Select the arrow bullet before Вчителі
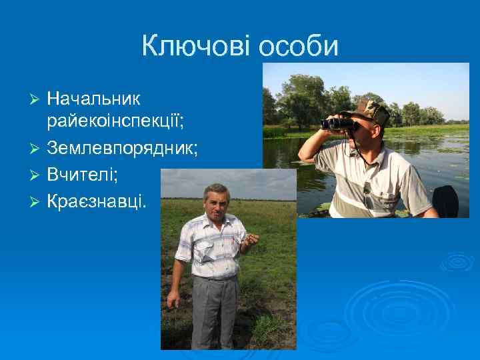point(36,174)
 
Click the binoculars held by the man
point(339,123)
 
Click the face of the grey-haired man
point(217,203)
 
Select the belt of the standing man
point(215,277)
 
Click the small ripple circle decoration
point(457,261)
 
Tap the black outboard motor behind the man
point(445,201)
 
